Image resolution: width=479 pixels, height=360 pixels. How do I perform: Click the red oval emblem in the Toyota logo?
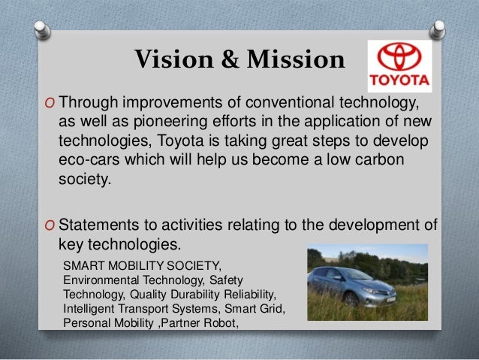(399, 58)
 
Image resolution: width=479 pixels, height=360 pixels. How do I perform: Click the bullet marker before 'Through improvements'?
(49, 103)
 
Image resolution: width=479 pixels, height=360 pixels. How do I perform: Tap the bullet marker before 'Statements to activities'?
(49, 227)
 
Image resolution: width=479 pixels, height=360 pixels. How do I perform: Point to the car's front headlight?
(324, 287)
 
